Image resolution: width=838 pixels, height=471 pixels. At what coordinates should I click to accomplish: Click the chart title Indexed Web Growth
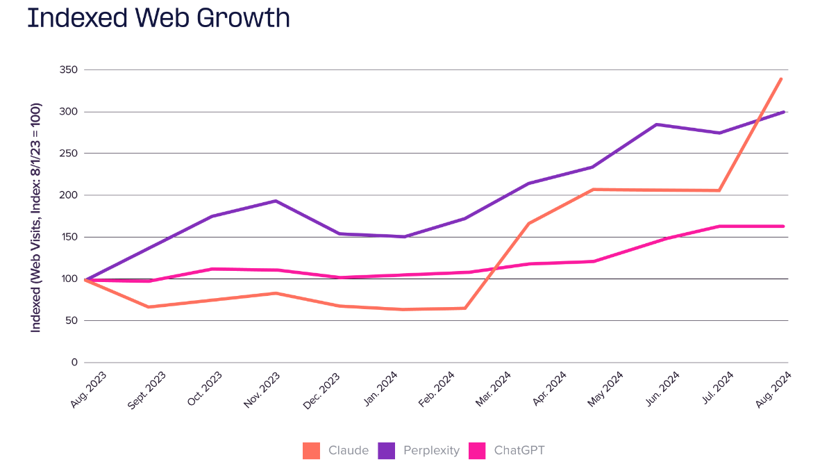[x=158, y=18]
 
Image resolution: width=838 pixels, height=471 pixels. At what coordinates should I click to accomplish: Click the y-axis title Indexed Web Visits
[x=36, y=217]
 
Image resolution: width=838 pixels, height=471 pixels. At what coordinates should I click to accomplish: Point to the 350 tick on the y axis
[x=68, y=70]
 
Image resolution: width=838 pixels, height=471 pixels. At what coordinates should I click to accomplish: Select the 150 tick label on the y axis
[x=68, y=237]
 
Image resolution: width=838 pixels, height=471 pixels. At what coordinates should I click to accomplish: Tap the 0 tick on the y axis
[x=74, y=363]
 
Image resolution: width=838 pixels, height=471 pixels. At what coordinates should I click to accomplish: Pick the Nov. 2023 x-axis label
[x=262, y=390]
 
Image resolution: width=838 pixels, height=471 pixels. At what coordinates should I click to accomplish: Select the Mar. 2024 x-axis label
[x=494, y=390]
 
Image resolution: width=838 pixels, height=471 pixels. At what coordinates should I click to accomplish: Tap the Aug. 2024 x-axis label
[x=775, y=389]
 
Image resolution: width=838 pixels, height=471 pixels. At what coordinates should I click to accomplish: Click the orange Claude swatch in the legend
[x=311, y=450]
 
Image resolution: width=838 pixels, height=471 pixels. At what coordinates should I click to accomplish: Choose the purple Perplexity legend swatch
[x=387, y=450]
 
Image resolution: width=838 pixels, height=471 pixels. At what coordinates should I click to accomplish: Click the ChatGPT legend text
[x=519, y=450]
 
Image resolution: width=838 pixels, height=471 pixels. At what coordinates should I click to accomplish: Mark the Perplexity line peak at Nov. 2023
[x=276, y=201]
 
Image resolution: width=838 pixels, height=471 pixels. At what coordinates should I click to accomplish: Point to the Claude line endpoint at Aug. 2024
[x=782, y=78]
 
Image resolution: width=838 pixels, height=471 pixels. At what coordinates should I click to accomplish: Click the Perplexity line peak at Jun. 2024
[x=656, y=124]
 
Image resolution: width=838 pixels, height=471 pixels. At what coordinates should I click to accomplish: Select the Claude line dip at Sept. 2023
[x=148, y=307]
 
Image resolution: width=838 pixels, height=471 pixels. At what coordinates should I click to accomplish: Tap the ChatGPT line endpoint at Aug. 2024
[x=783, y=226]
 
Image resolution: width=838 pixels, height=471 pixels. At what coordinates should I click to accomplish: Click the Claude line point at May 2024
[x=593, y=190]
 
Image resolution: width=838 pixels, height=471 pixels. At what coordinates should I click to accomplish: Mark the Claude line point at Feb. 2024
[x=465, y=308]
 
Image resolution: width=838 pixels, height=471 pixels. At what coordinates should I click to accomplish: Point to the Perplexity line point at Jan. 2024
[x=403, y=237]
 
